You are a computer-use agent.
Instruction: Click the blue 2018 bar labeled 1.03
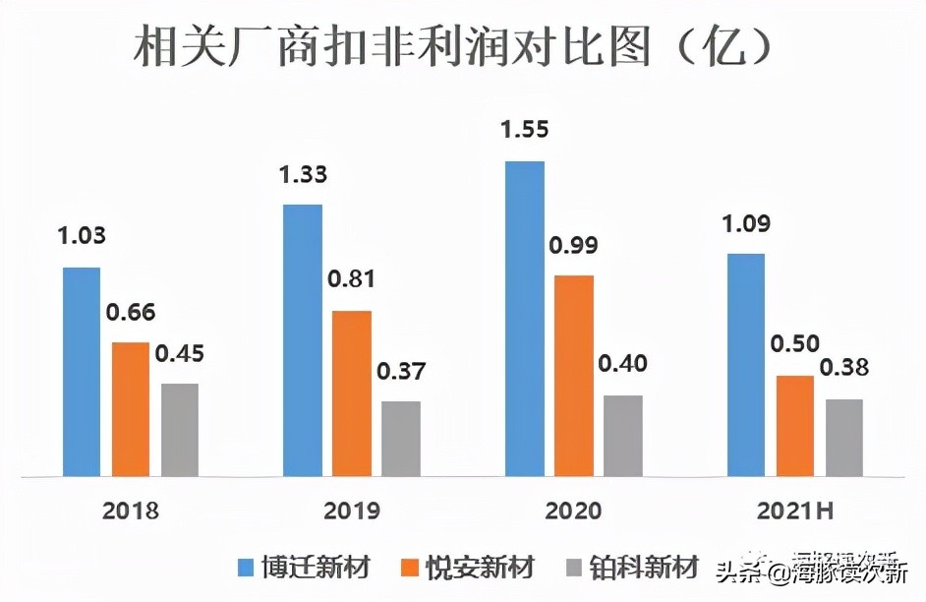point(82,372)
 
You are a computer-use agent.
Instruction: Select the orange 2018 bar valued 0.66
point(131,409)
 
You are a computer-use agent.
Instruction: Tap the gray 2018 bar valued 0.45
point(179,430)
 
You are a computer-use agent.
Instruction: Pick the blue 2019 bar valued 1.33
point(303,340)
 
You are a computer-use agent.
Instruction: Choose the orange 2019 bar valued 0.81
point(352,393)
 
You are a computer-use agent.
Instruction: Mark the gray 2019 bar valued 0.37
point(401,439)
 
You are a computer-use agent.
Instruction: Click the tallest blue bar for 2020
point(525,319)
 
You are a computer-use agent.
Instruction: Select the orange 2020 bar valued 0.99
point(574,376)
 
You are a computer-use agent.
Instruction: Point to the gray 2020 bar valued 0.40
point(623,436)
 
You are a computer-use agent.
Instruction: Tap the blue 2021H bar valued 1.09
point(746,365)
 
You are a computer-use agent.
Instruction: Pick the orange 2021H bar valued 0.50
point(795,426)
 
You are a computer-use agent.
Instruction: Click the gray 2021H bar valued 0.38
point(844,438)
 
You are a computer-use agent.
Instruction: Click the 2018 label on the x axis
point(130,511)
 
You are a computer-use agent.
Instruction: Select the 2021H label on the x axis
point(796,511)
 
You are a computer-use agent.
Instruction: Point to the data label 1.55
point(525,129)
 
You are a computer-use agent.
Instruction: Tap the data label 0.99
point(574,245)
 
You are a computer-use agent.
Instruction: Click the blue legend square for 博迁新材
point(247,569)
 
